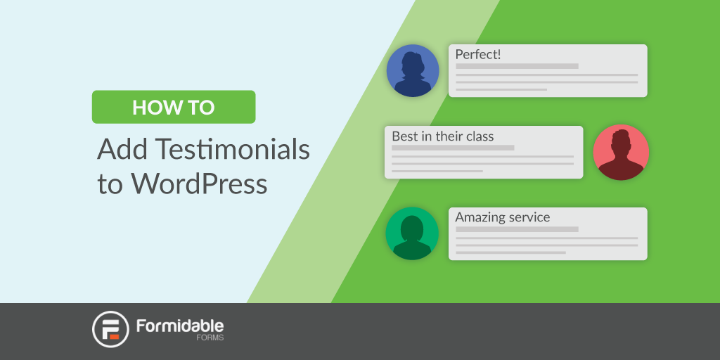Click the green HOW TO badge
click(x=174, y=107)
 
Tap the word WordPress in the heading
click(x=199, y=184)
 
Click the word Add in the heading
click(x=122, y=149)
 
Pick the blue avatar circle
click(x=413, y=71)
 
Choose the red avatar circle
click(x=621, y=153)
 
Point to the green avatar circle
click(x=412, y=233)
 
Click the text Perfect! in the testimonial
click(x=477, y=55)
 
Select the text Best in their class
click(x=443, y=136)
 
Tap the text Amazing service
click(x=502, y=217)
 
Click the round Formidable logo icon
click(x=110, y=329)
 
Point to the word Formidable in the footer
click(x=180, y=326)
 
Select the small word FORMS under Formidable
click(x=213, y=338)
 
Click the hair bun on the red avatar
click(x=621, y=134)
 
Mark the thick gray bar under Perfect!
click(x=517, y=66)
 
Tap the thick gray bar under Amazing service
click(x=517, y=229)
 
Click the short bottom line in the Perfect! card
click(x=501, y=89)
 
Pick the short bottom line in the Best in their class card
click(x=437, y=172)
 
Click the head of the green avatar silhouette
click(x=412, y=227)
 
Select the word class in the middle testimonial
click(x=480, y=136)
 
